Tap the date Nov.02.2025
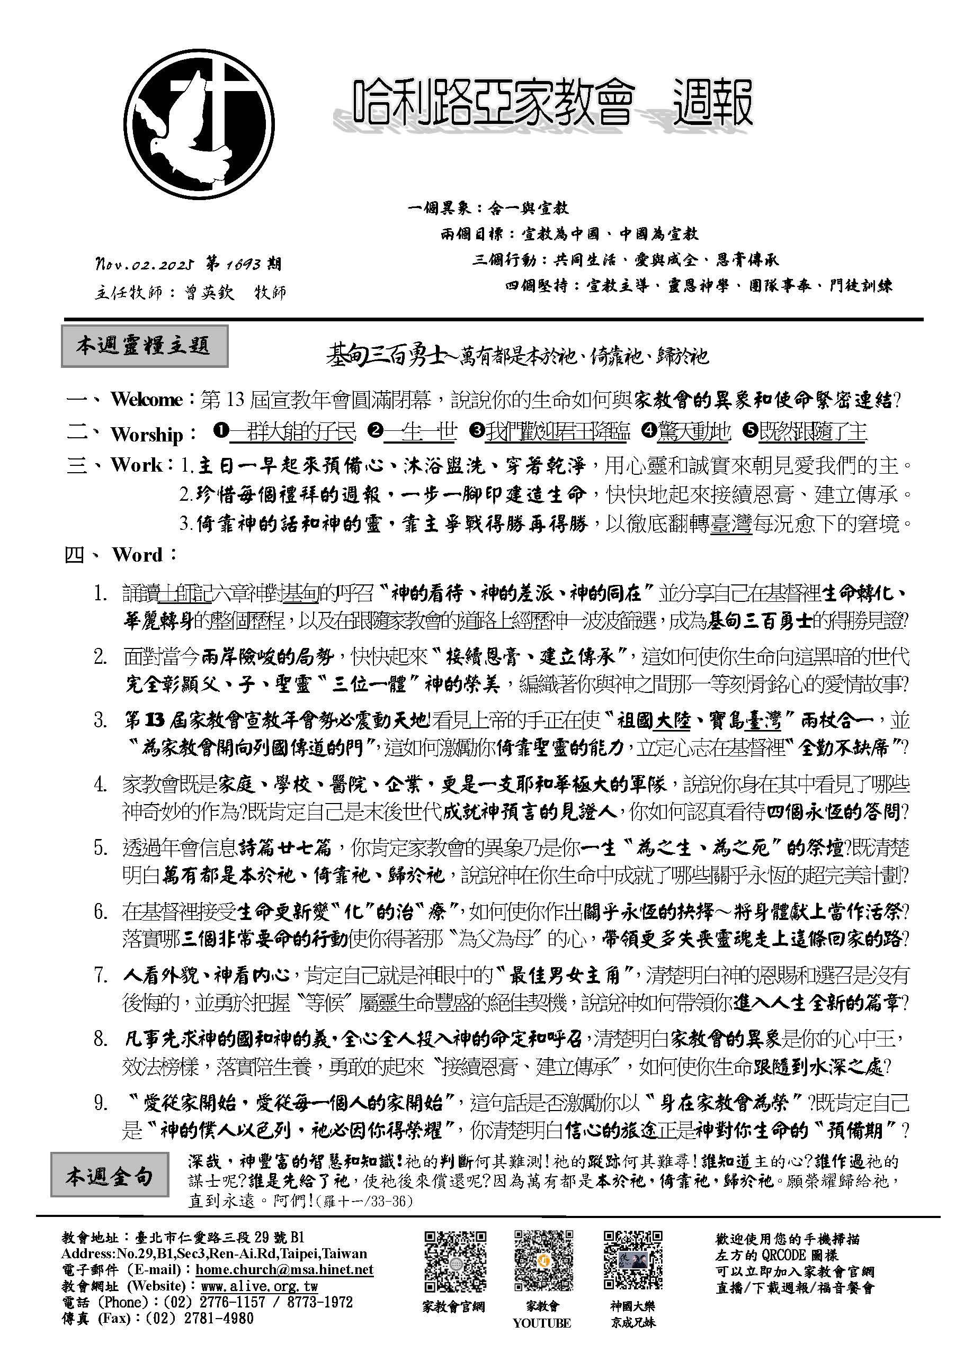click(146, 264)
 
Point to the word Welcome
click(146, 400)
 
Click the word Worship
click(147, 434)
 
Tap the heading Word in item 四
click(137, 555)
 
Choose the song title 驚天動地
click(693, 432)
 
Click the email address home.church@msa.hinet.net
click(284, 1269)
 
